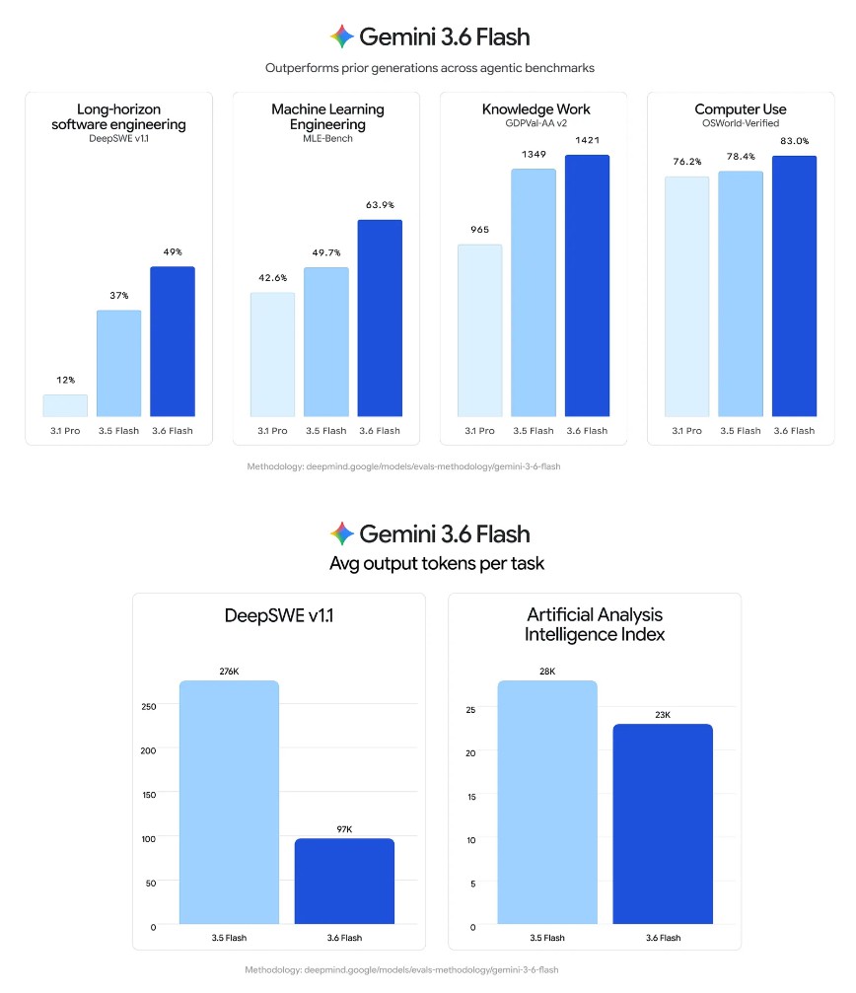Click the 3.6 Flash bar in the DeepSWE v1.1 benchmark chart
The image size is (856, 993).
pos(173,341)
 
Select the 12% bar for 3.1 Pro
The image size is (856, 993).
pos(65,406)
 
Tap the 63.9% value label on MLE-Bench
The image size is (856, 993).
pos(380,205)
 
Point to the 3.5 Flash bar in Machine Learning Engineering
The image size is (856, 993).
pos(326,342)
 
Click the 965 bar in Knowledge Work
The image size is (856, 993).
pos(480,330)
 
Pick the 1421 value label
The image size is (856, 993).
pos(587,141)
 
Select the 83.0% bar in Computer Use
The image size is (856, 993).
pos(794,286)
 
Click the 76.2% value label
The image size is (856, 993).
pos(687,162)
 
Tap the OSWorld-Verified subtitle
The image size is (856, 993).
pos(741,123)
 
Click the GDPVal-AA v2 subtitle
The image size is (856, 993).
pos(535,123)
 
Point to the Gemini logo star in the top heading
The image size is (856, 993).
pos(342,36)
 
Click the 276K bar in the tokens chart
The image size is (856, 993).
pos(229,803)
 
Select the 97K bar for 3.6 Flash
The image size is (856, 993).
pos(344,882)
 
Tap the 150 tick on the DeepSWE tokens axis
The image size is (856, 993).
pos(149,795)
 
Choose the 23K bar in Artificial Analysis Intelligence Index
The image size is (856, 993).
pos(663,824)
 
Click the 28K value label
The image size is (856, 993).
pos(547,672)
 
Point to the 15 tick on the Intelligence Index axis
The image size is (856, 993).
pos(471,797)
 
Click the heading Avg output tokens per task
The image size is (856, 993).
pos(437,564)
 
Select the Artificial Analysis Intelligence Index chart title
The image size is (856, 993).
pos(595,624)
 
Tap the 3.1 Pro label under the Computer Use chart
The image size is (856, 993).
pos(687,431)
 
